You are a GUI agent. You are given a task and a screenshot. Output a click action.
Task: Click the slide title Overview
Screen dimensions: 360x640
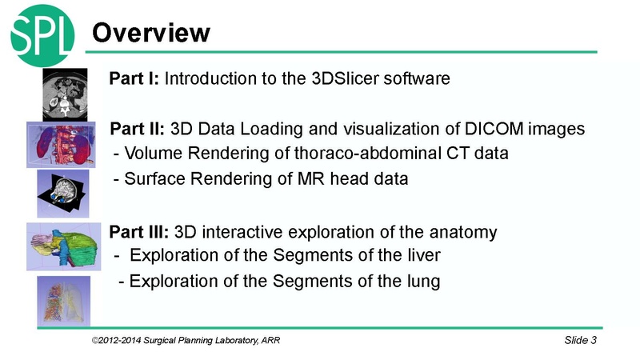(151, 32)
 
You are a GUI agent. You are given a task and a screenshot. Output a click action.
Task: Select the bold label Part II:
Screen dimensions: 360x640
(138, 129)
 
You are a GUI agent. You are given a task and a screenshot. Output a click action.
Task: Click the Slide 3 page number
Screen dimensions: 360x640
(580, 342)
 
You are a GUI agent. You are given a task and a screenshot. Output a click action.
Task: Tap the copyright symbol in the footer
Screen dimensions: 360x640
(95, 342)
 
